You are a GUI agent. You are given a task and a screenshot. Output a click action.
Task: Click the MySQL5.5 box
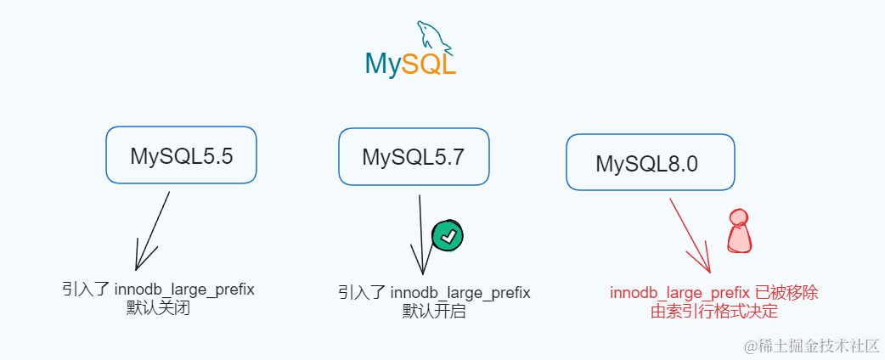[x=181, y=155]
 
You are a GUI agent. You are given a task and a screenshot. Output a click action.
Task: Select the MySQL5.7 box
[x=413, y=157]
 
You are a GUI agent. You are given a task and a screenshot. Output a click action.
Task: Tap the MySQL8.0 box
[x=650, y=163]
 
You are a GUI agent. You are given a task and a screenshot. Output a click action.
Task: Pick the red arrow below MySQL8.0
[x=690, y=233]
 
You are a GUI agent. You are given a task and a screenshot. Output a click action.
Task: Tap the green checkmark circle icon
[x=448, y=235]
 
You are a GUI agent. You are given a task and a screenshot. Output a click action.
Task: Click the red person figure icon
[x=741, y=232]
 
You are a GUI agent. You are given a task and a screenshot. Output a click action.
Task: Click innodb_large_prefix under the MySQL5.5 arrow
[x=184, y=290]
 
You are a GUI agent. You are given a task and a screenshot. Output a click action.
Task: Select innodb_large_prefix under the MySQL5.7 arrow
[x=460, y=293]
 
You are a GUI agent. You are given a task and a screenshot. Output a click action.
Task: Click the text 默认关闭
[x=157, y=307]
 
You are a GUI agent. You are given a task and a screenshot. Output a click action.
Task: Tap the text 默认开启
[x=434, y=311]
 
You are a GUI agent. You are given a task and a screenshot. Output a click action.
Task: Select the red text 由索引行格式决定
[x=713, y=311]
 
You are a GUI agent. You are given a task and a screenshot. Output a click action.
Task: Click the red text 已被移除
[x=786, y=293]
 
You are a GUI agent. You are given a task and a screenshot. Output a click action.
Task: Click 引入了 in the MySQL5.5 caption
[x=86, y=290]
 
